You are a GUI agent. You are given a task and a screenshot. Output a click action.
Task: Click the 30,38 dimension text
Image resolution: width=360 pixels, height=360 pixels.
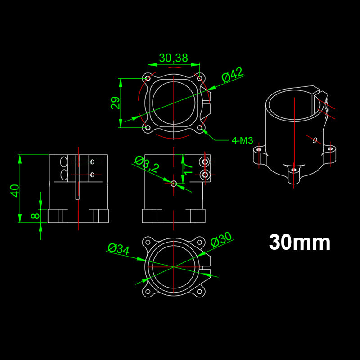pos(173,58)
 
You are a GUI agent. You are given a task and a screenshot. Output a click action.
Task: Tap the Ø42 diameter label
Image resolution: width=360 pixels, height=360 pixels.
pos(232,75)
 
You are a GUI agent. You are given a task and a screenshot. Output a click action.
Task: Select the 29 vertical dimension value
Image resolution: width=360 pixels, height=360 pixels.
pos(116,103)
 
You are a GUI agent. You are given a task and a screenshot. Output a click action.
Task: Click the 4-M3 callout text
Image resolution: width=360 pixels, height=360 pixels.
pos(243,140)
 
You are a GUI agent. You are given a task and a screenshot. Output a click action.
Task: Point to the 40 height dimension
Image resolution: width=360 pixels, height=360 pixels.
pos(15,190)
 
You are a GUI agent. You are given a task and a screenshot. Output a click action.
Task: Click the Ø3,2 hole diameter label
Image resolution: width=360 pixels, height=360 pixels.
pos(147,165)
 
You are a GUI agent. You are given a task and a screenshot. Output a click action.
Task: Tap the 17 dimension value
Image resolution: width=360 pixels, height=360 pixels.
pos(188,169)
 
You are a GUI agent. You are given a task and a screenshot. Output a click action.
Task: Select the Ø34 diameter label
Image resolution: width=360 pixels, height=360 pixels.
pos(119,248)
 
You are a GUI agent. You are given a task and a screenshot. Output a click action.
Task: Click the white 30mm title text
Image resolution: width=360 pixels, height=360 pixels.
pos(300,243)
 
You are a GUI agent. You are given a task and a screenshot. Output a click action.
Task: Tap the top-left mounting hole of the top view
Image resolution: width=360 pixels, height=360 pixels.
pos(148,78)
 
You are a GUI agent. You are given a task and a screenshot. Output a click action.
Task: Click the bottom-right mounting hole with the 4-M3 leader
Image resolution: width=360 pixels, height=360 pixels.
pos(200,128)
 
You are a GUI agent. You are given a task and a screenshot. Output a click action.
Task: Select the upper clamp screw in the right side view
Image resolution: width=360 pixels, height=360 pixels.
pos(205,162)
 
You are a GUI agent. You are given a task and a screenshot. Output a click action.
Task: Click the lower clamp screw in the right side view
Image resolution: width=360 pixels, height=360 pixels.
pos(205,173)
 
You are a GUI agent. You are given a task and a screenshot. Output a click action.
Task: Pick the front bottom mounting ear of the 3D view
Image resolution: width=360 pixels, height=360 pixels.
pos(293,170)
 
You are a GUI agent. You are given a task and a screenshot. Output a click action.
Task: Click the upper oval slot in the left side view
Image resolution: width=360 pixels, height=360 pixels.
pos(63,162)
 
